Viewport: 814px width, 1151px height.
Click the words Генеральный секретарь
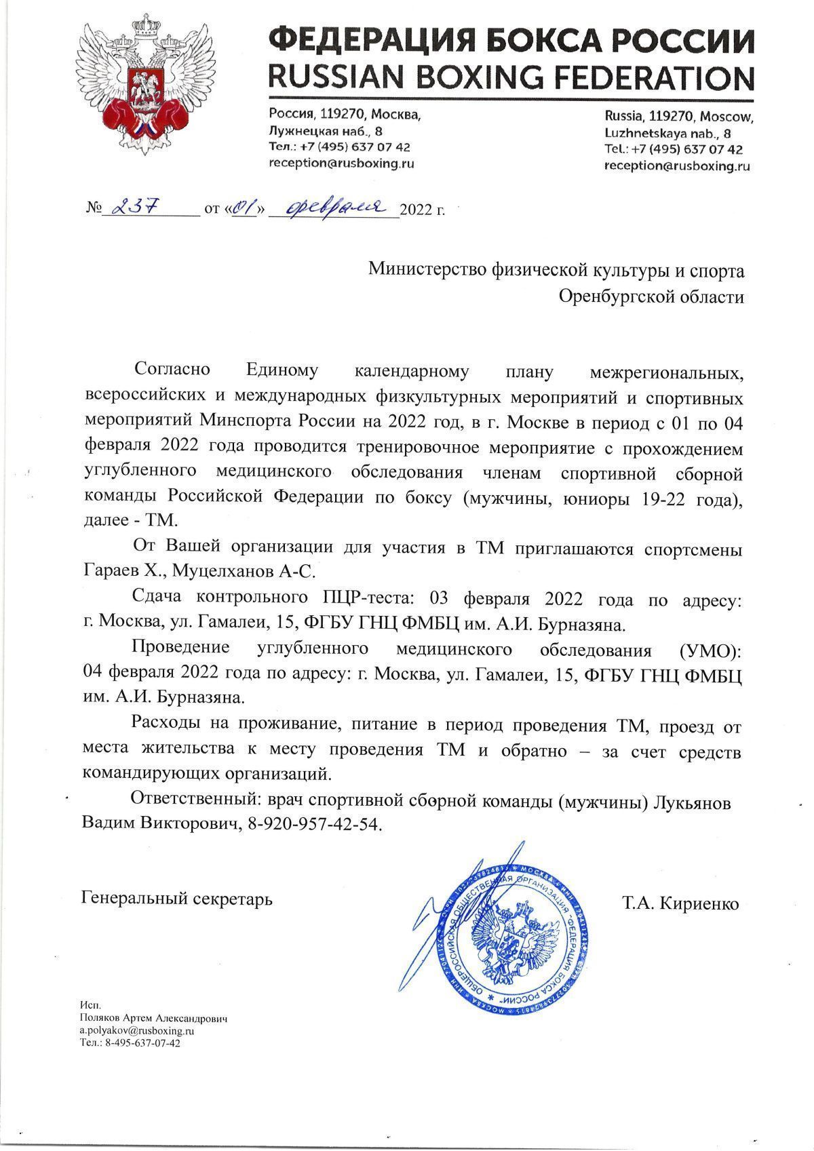[x=176, y=899]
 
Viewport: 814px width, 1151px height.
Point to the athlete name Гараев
[x=111, y=571]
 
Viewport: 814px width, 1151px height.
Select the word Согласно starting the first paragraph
[x=174, y=370]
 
